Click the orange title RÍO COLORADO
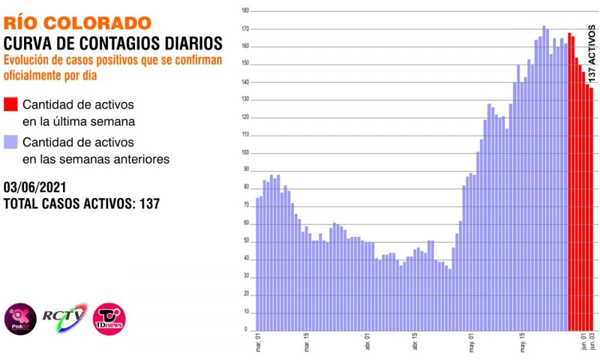[x=77, y=23]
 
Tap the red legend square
[x=11, y=104]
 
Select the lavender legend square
[x=11, y=143]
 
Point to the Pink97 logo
[x=20, y=318]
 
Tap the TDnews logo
[x=109, y=318]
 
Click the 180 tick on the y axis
[x=244, y=11]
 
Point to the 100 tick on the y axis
[x=244, y=153]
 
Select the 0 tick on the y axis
[x=246, y=330]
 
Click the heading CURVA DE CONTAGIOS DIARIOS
[x=113, y=43]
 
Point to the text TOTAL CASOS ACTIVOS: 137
[x=82, y=203]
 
